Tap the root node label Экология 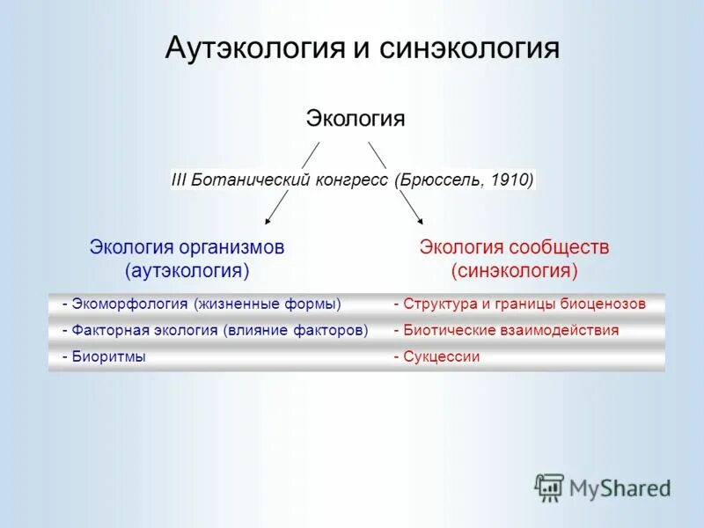pos(355,118)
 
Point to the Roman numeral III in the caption pos(180,180)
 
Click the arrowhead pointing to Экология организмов pos(269,219)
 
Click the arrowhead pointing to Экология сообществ pos(419,219)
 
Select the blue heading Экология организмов pos(187,247)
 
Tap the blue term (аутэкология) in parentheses pos(187,268)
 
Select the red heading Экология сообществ pos(514,247)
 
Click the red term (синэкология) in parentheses pos(514,268)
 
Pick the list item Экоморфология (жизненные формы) pos(202,304)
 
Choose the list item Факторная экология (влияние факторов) pos(215,331)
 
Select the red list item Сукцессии pos(436,357)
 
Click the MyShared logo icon pos(550,487)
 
